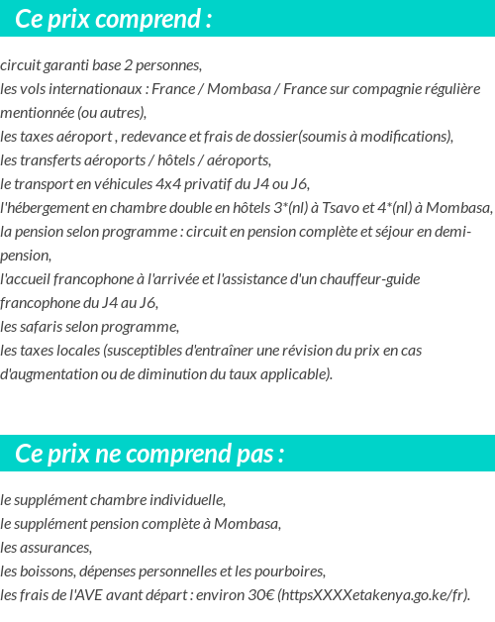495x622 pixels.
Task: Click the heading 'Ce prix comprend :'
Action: pos(114,18)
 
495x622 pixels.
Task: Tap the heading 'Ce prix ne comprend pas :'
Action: pos(149,454)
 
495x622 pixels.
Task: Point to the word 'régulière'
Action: pos(448,89)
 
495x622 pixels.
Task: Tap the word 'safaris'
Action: pos(48,327)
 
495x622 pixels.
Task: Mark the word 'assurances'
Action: pos(58,548)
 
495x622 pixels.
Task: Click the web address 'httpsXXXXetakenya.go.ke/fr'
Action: pos(372,595)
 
